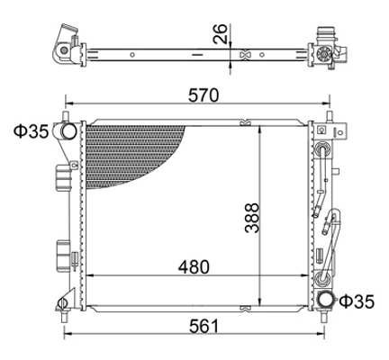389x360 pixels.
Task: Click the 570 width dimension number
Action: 204,95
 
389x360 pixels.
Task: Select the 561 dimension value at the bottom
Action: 204,326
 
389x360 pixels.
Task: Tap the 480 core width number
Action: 194,266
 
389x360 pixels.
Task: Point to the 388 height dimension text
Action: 251,218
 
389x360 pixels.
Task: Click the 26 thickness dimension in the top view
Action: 221,33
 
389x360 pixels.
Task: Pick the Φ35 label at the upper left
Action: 32,131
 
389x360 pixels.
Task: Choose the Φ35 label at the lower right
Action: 357,301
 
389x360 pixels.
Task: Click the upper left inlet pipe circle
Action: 68,131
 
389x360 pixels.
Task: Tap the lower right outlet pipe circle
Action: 326,300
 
